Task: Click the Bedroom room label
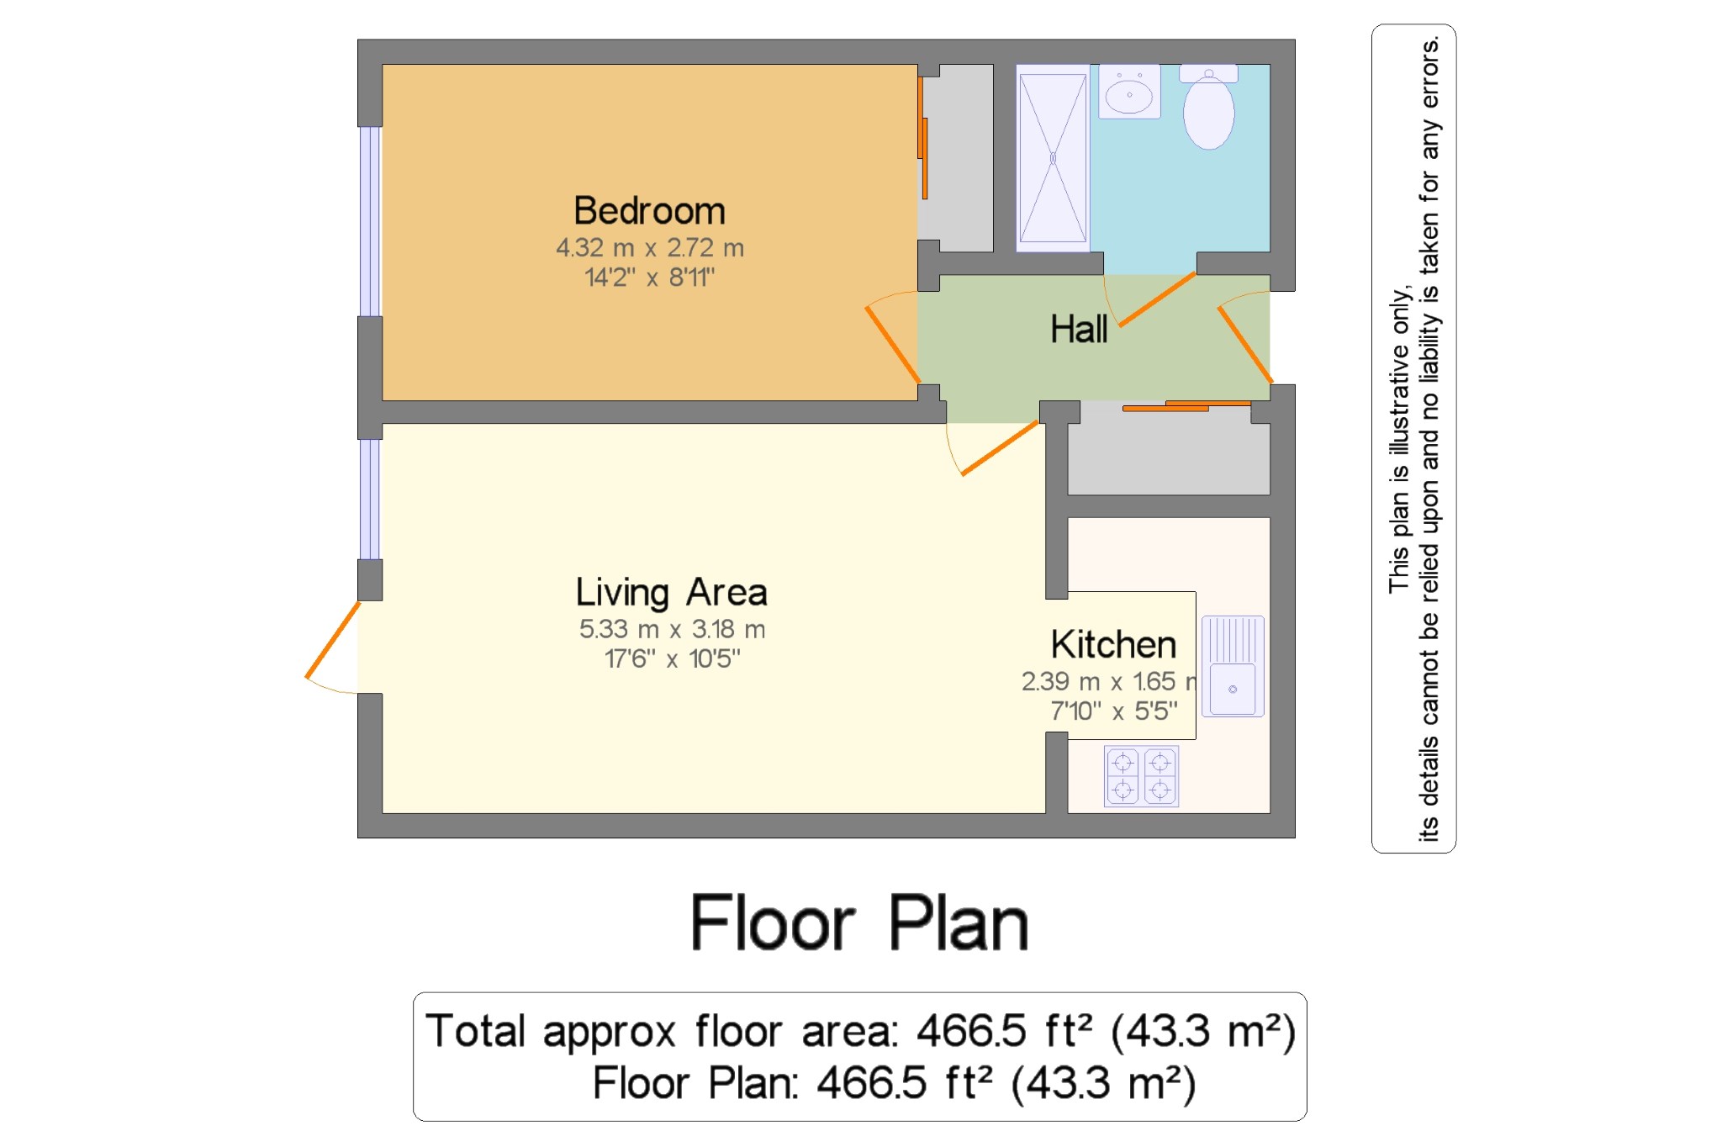tap(649, 210)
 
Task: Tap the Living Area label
tap(671, 592)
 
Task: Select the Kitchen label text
tap(1113, 644)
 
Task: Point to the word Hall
tap(1079, 329)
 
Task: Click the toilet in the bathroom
tap(1208, 107)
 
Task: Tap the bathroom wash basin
tap(1129, 91)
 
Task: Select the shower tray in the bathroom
tap(1053, 157)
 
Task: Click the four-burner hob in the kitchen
tap(1141, 776)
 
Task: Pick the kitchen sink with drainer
tap(1233, 666)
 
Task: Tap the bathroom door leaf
tap(1157, 299)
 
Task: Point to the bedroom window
tap(370, 221)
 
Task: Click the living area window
tap(370, 499)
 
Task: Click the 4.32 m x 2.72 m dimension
tap(650, 248)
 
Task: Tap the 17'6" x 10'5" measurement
tap(672, 658)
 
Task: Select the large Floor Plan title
tap(859, 922)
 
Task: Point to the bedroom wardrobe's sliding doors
tap(922, 139)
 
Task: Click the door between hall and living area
tap(1000, 447)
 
